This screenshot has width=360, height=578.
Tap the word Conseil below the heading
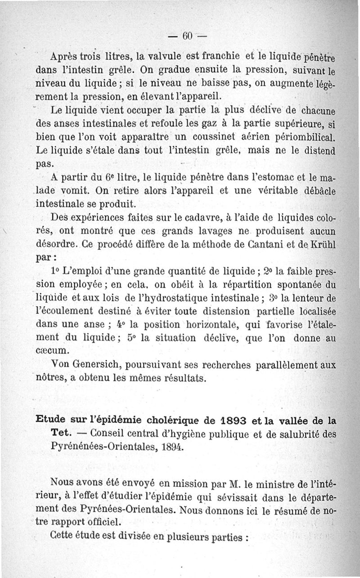tap(108, 434)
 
